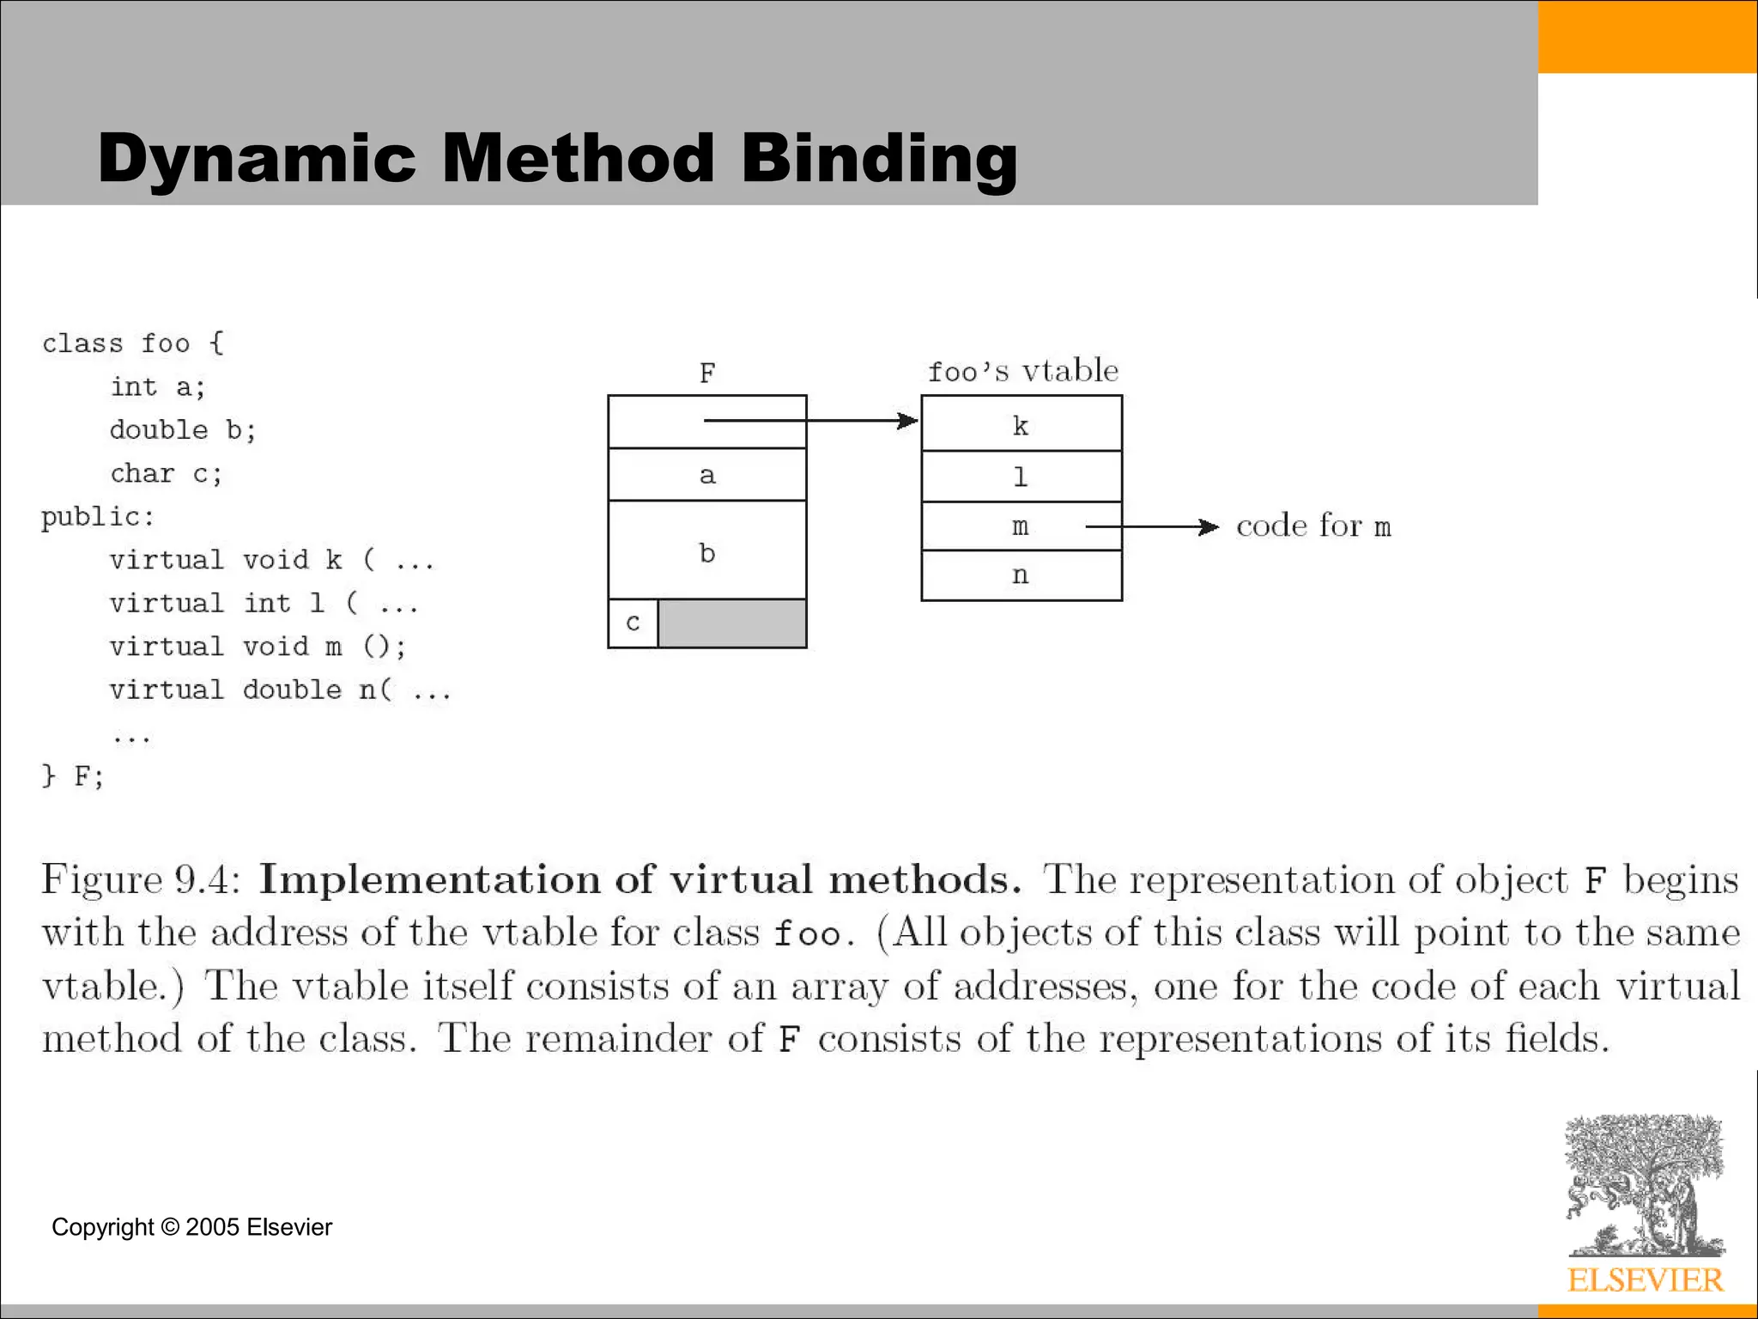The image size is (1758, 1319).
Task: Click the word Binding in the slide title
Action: [x=879, y=160]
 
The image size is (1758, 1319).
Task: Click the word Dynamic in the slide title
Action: [x=257, y=160]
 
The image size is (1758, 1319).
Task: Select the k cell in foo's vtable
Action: [x=1021, y=424]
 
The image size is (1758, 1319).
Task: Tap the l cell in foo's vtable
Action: [x=1021, y=477]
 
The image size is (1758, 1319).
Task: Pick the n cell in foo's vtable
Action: [x=1021, y=575]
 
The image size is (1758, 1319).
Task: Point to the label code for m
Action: [x=1313, y=526]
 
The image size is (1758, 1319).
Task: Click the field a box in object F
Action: [x=706, y=475]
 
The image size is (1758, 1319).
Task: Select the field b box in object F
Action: [x=706, y=551]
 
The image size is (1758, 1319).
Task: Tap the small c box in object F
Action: [x=633, y=623]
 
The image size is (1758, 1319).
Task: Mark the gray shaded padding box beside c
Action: [x=732, y=623]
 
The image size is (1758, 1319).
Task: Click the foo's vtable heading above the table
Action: [x=1023, y=371]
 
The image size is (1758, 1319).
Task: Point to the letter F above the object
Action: [x=707, y=374]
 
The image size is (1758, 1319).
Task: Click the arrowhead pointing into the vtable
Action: [x=907, y=421]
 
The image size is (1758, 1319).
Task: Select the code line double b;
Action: [x=183, y=429]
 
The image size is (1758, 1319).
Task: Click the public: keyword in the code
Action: [x=98, y=516]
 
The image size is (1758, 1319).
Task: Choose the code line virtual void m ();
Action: [x=258, y=646]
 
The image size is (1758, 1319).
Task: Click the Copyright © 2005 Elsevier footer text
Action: [x=191, y=1227]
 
